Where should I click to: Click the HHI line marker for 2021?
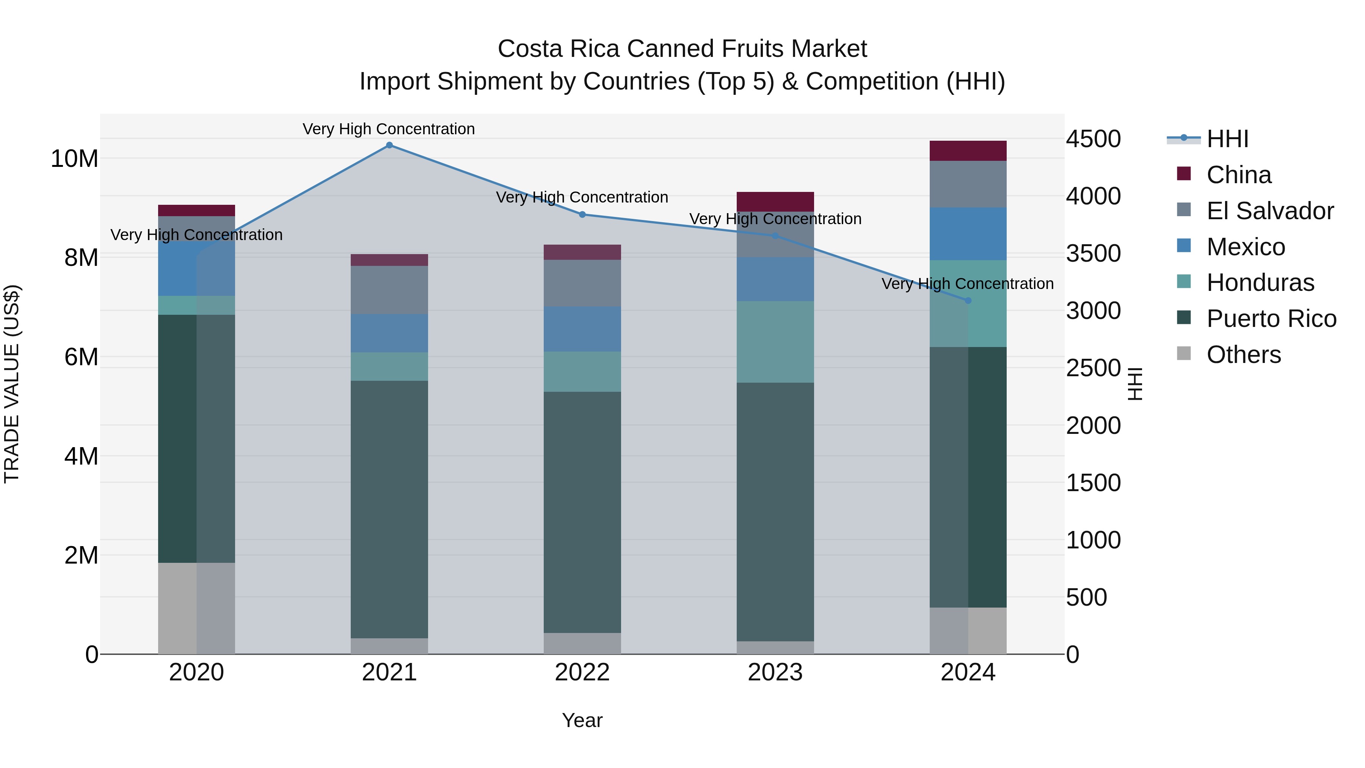coord(389,145)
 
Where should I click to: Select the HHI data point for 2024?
coord(968,300)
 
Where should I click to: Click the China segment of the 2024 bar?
coord(968,151)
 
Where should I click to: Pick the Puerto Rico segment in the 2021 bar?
coord(389,509)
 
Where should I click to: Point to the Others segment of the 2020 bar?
coord(196,608)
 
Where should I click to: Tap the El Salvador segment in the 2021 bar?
coord(389,289)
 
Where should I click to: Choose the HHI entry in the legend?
coord(1227,139)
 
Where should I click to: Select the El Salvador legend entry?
coord(1269,210)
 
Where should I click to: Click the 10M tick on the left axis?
coord(74,159)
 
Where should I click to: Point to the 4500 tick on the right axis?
coord(1093,139)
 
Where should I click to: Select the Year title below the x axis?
coord(582,720)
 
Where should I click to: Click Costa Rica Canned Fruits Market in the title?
coord(682,49)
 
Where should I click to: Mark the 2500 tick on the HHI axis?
coord(1093,368)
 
